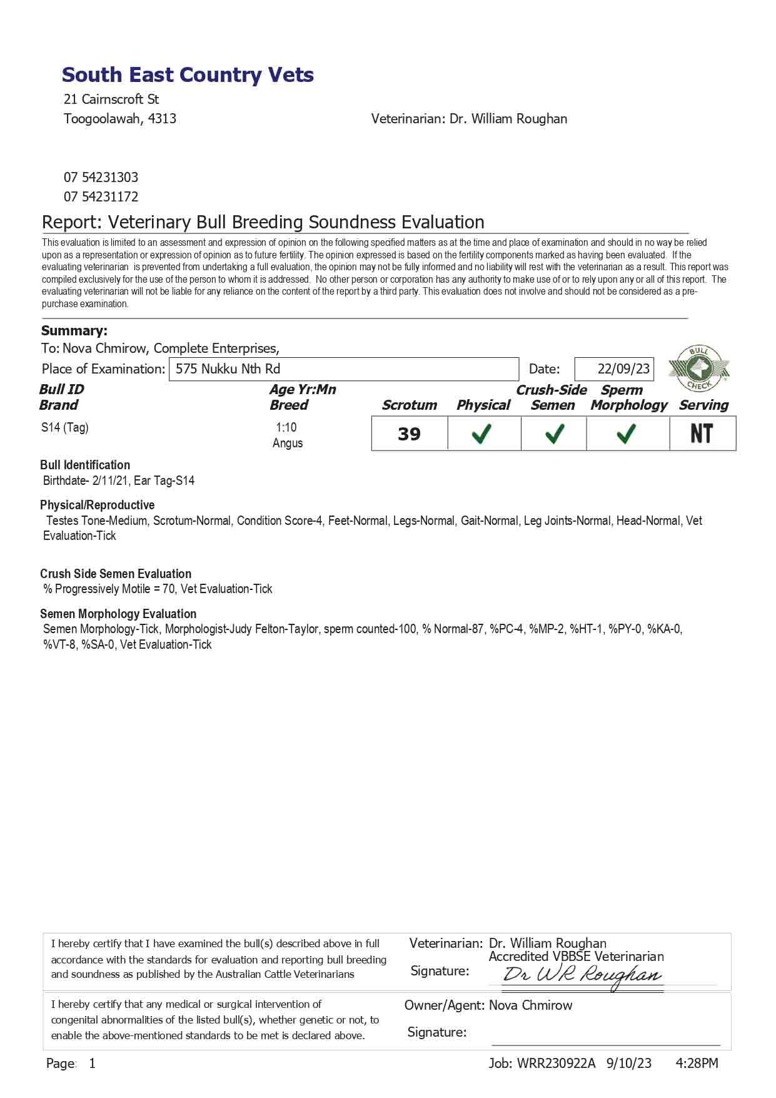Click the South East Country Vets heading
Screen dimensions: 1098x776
tap(188, 75)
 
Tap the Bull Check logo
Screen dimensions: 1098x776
tap(698, 368)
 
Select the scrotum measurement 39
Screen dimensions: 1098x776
tap(409, 434)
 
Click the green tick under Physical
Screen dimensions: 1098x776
tap(481, 434)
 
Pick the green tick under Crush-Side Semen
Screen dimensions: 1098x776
tap(555, 434)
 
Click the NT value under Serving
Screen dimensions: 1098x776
tap(702, 434)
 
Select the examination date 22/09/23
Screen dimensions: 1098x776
tap(623, 369)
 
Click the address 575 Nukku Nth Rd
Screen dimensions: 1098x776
tap(228, 369)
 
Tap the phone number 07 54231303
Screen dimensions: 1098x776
tap(101, 177)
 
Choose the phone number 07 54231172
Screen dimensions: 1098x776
tap(101, 196)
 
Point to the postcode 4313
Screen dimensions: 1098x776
tap(162, 118)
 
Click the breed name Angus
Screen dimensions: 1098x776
tap(288, 443)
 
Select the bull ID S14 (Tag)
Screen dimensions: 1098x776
tap(65, 427)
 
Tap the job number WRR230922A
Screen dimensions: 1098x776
tap(556, 1063)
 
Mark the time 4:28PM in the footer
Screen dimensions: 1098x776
tap(697, 1063)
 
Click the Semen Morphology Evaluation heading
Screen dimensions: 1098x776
tap(118, 614)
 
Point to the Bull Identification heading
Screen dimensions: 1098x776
tap(85, 465)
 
